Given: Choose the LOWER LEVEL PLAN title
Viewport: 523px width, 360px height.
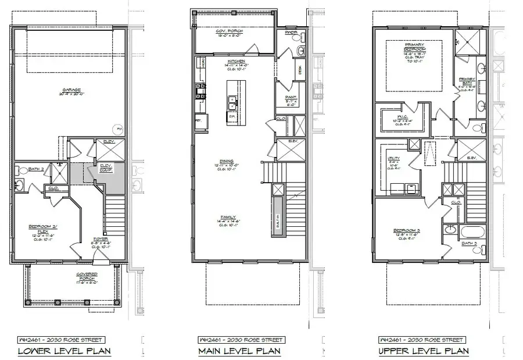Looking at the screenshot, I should (65, 351).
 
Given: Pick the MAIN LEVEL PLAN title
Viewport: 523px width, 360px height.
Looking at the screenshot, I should (239, 351).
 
